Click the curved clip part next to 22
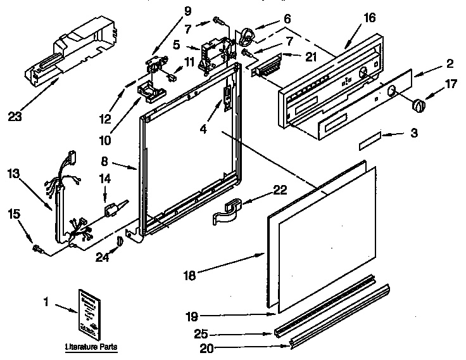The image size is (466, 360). pos(226,211)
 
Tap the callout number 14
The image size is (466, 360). pos(105,179)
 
